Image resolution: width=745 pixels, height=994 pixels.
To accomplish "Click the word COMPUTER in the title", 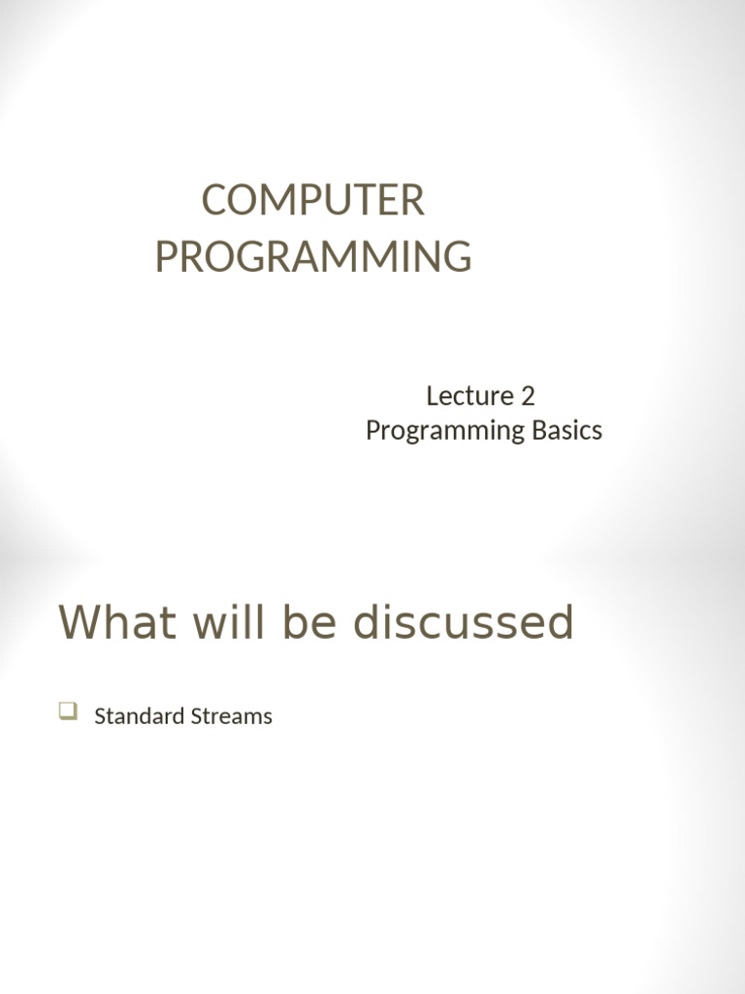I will click(x=312, y=201).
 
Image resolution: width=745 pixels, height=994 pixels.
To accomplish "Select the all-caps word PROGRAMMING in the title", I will click(x=312, y=256).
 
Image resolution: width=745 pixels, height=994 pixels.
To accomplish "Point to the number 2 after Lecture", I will click(x=528, y=396).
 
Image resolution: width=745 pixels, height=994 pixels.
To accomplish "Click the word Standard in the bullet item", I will click(x=136, y=716).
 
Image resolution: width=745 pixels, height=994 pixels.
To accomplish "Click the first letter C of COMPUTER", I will click(x=213, y=201).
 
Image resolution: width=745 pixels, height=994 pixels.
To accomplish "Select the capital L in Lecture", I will click(x=432, y=396).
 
